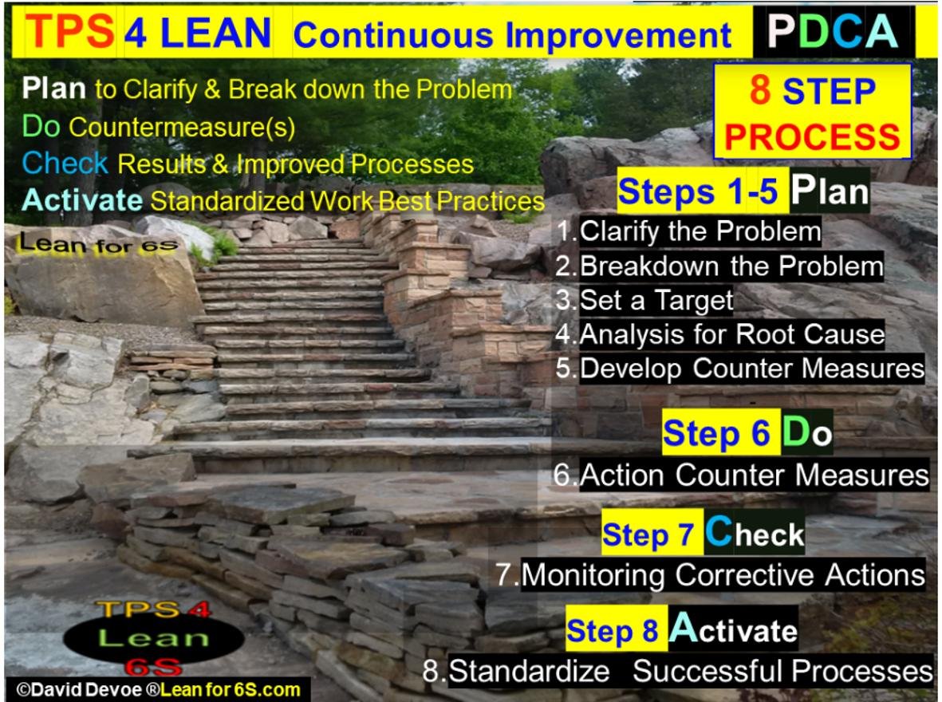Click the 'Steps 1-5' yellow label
(700, 193)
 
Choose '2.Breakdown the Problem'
(719, 266)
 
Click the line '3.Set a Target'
(644, 300)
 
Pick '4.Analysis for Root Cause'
(720, 334)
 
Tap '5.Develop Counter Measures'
(739, 369)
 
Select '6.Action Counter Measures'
(742, 475)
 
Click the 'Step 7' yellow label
(649, 534)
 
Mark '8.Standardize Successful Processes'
(678, 671)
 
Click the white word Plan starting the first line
(54, 88)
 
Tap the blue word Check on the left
(65, 164)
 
